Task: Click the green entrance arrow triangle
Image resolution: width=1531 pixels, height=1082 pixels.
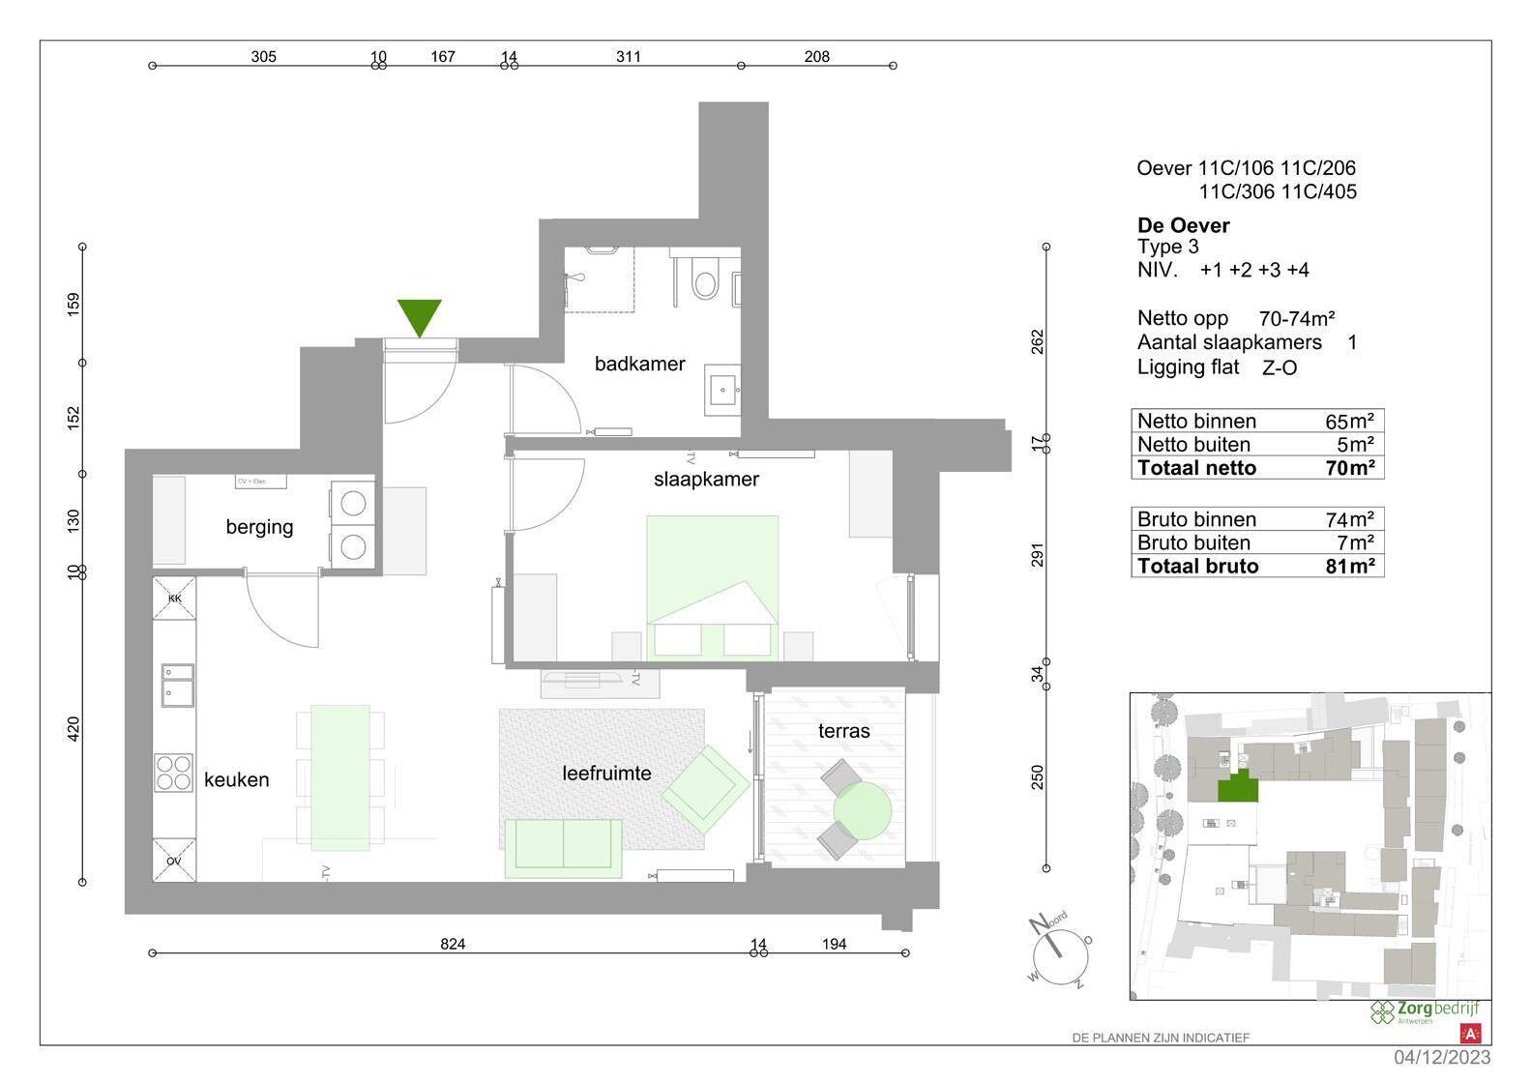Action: coord(419,315)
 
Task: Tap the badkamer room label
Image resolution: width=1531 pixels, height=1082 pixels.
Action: coord(639,364)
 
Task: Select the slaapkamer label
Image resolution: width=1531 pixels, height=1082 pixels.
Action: coord(706,479)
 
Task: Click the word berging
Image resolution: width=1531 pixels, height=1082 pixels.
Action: coord(259,527)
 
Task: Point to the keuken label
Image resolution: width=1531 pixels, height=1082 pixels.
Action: coord(236,779)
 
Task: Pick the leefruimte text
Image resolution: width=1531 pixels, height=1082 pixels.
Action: coord(606,773)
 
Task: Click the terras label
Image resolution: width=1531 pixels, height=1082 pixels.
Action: coord(843,731)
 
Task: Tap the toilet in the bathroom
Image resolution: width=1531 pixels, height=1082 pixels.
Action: coord(705,282)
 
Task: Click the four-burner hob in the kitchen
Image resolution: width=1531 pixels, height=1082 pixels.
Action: coord(174,773)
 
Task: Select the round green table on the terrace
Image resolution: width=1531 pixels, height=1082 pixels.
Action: coord(862,810)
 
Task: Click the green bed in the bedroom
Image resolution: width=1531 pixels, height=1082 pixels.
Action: coord(713,585)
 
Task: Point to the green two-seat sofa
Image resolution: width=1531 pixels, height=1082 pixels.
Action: coord(563,846)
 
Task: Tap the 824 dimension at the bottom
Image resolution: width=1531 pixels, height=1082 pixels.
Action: coord(453,944)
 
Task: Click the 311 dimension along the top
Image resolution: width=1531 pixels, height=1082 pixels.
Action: coord(629,56)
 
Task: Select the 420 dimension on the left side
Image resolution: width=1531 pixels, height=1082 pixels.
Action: coord(74,729)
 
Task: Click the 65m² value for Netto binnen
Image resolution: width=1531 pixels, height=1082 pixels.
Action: coord(1349,422)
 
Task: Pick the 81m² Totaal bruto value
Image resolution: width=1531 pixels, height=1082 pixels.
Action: coord(1349,567)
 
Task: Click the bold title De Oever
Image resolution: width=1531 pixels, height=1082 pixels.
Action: coord(1183,225)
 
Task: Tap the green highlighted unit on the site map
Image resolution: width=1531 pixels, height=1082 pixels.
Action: coord(1237,788)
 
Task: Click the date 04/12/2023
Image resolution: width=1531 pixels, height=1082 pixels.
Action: coord(1442,1058)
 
